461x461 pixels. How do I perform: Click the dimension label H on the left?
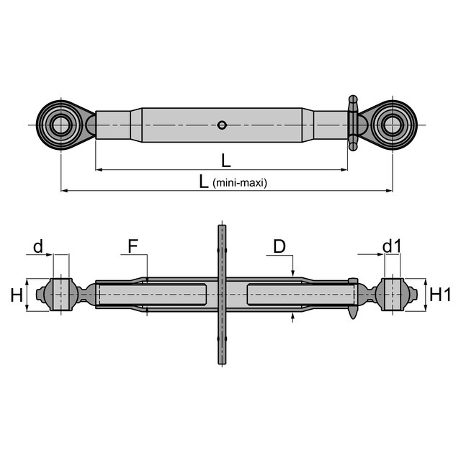tap(15, 295)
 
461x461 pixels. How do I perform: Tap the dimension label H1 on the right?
tap(439, 295)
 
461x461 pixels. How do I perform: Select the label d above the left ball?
tap(37, 247)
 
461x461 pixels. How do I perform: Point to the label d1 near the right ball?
tap(391, 247)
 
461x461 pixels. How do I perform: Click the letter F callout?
tap(133, 246)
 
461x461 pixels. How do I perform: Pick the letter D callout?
tap(279, 246)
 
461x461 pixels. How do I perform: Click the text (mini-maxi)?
tap(240, 183)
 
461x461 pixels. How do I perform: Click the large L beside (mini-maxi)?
tap(205, 181)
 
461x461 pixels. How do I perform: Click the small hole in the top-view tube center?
tap(223, 125)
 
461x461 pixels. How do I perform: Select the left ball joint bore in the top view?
tap(61, 125)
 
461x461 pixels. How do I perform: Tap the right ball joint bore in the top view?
tap(393, 125)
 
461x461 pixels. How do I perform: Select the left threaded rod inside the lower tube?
tap(151, 295)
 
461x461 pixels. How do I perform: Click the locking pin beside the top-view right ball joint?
tap(352, 124)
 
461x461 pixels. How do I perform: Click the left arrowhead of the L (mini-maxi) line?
tap(64, 190)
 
